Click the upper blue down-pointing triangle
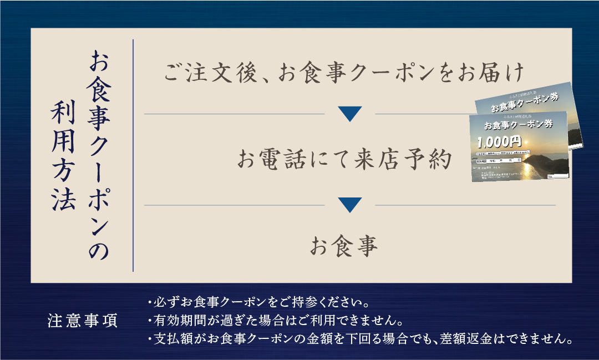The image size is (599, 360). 349,114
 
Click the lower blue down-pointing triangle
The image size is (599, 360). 349,205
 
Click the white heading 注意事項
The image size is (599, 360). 83,321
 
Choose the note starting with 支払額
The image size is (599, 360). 360,337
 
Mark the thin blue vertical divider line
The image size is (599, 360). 133,155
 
